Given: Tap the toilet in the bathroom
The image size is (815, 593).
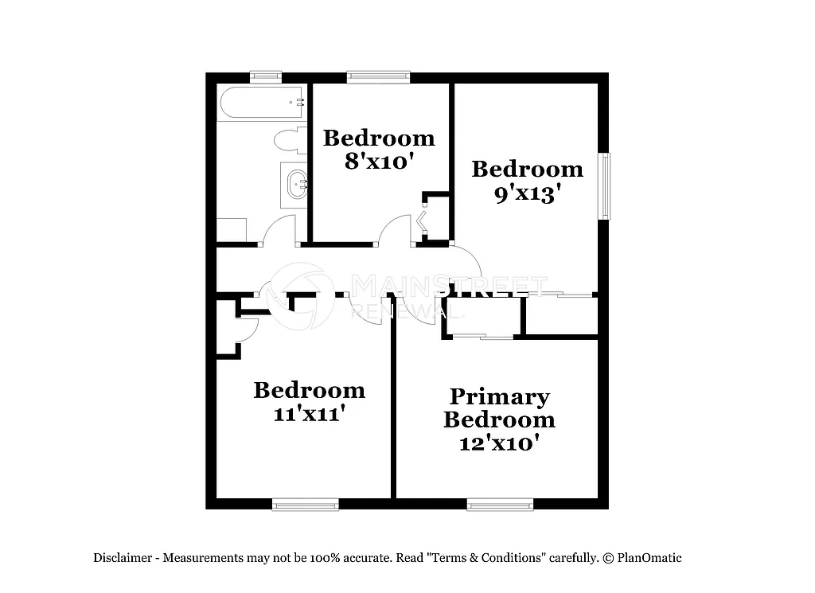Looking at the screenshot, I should pyautogui.click(x=289, y=140).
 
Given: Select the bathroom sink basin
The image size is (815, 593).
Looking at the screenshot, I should pyautogui.click(x=297, y=184).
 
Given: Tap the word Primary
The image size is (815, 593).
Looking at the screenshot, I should pyautogui.click(x=499, y=396).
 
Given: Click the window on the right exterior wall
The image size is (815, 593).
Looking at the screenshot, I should pyautogui.click(x=606, y=185).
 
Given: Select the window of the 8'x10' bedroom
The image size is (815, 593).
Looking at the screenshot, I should pyautogui.click(x=378, y=77).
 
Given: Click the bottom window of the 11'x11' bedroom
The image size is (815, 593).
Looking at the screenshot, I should pyautogui.click(x=305, y=504).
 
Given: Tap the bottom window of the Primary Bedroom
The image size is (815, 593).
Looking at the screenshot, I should pyautogui.click(x=500, y=504).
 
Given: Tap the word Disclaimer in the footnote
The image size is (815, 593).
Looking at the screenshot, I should pyautogui.click(x=124, y=558).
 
